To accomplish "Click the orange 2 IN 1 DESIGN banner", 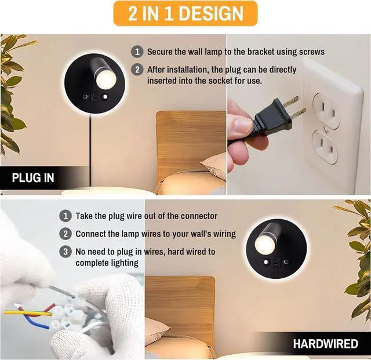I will pos(185,13).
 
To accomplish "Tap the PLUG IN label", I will pos(33,177).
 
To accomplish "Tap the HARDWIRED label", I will pos(325,343).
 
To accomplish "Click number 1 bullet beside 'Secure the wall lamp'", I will pos(137,52).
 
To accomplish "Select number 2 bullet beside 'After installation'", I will pos(137,70).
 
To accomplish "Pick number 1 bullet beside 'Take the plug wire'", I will pos(66,216).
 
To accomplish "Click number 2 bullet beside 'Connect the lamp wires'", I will pos(66,234).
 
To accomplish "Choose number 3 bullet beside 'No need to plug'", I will pos(66,252).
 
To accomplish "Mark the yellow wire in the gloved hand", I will pos(23,312).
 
